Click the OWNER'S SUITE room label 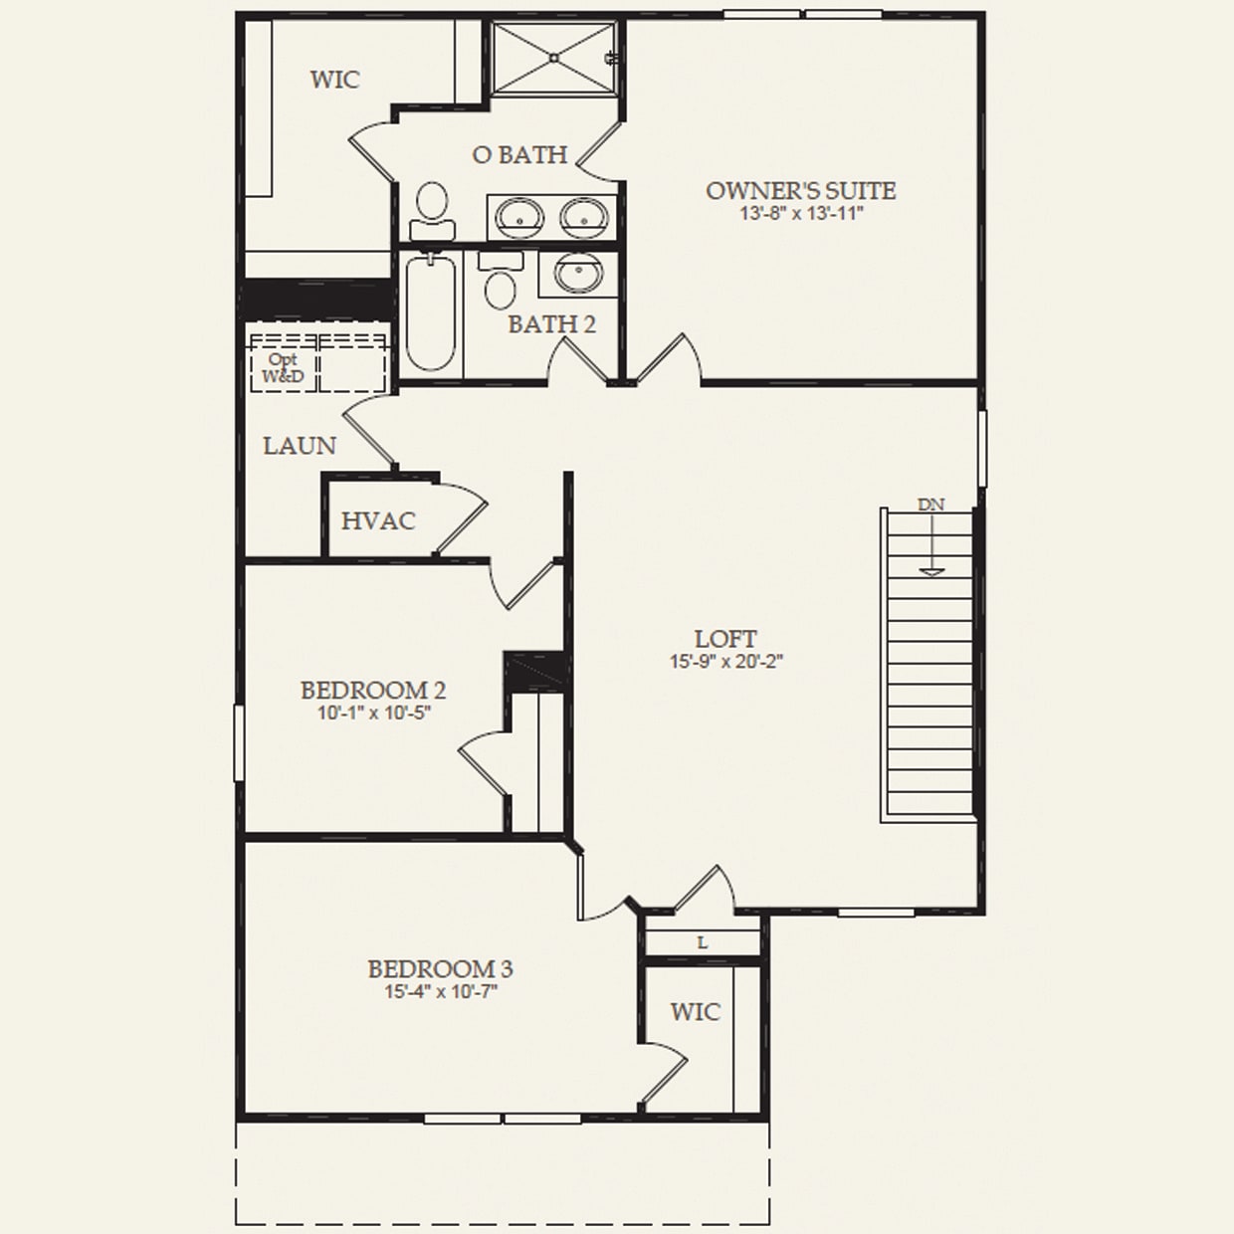[x=800, y=190]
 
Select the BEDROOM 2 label [x=372, y=690]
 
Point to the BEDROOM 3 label [x=440, y=968]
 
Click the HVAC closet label [x=377, y=520]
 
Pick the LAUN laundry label [x=299, y=446]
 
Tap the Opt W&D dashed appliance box [x=284, y=364]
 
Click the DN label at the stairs [x=930, y=505]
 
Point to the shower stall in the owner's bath [x=553, y=58]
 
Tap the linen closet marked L [x=702, y=942]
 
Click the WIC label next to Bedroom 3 [x=695, y=1012]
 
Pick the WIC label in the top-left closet [x=334, y=80]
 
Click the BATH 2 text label [x=551, y=324]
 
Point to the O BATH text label [x=519, y=154]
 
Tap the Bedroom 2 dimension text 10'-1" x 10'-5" [x=373, y=713]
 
